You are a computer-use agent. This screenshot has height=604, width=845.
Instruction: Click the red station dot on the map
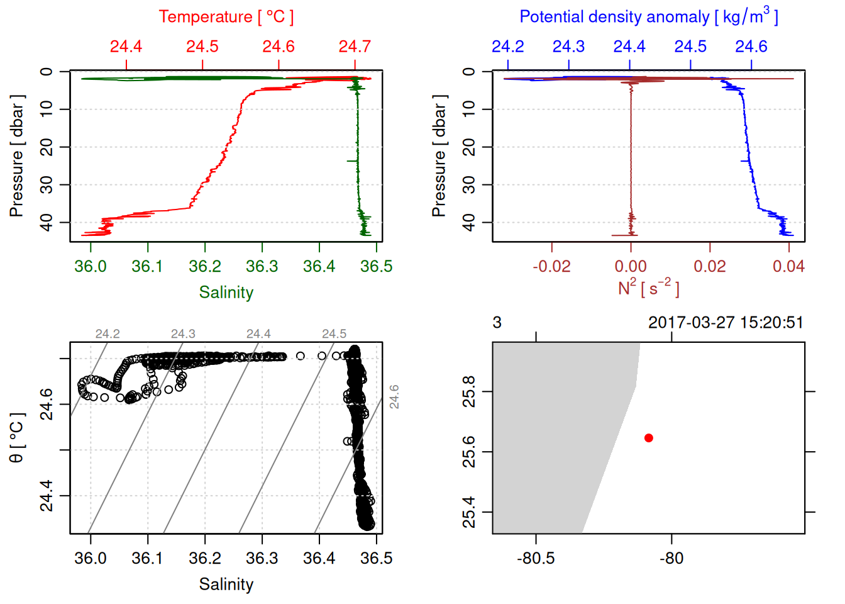click(x=648, y=437)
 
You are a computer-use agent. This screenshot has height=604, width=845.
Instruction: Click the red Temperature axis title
click(x=226, y=17)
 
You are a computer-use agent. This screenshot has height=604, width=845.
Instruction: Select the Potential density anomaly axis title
click(x=648, y=17)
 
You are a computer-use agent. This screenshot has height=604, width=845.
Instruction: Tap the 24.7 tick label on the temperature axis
click(x=355, y=47)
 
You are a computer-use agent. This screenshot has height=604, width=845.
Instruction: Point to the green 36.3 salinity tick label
click(x=262, y=267)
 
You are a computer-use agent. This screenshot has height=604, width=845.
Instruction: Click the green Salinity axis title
click(x=226, y=293)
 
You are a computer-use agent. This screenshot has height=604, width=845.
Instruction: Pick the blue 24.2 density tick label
click(x=507, y=47)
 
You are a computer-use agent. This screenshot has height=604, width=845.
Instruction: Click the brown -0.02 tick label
click(x=551, y=267)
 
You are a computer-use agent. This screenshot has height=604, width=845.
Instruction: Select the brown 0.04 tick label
click(x=788, y=267)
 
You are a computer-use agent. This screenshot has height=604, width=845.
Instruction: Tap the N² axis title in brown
click(x=648, y=288)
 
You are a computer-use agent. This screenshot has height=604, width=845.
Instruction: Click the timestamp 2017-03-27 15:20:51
click(x=726, y=323)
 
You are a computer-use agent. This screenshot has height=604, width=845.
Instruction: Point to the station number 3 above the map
click(x=497, y=323)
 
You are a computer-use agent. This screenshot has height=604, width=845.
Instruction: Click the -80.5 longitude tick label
click(x=536, y=559)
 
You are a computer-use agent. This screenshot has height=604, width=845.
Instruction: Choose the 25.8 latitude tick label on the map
click(x=469, y=391)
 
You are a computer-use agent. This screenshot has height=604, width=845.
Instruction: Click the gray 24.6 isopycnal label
click(x=394, y=396)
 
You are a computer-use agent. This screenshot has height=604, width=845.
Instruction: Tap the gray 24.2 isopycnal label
click(x=108, y=334)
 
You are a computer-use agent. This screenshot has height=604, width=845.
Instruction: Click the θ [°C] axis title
click(x=16, y=438)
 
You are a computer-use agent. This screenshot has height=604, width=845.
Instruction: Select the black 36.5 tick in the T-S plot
click(x=376, y=559)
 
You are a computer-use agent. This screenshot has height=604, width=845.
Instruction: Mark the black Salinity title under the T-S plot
click(x=226, y=584)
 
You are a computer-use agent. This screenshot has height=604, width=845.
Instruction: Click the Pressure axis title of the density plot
click(x=439, y=156)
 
